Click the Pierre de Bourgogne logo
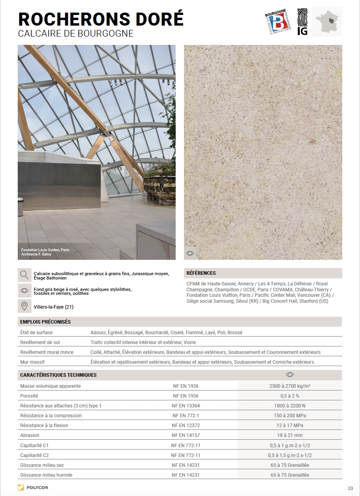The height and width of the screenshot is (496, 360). (x=278, y=22)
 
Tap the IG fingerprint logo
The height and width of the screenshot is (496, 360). (x=302, y=22)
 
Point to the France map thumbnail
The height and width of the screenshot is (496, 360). (x=327, y=22)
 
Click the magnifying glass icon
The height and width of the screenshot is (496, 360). (x=24, y=275)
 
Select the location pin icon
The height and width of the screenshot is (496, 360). (x=24, y=306)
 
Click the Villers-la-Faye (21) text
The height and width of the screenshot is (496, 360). (x=54, y=307)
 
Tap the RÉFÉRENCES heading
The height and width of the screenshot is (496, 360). (x=201, y=273)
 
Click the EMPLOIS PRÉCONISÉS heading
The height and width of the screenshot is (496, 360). (x=45, y=322)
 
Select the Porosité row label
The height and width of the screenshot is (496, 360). (x=29, y=396)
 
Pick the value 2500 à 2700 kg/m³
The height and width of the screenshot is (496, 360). (x=289, y=386)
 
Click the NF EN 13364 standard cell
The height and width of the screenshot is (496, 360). (x=186, y=405)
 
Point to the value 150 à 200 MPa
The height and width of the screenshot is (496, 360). (x=289, y=416)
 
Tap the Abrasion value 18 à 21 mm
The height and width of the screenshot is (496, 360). (x=289, y=435)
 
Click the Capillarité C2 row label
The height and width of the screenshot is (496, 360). (x=34, y=455)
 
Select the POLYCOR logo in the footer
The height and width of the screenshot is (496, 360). (x=33, y=488)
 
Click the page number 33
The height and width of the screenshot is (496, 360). (x=350, y=489)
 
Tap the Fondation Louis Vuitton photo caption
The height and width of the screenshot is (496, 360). (x=45, y=252)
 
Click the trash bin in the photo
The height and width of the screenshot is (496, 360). (x=20, y=207)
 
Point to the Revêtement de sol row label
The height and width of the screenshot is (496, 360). (x=40, y=342)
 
